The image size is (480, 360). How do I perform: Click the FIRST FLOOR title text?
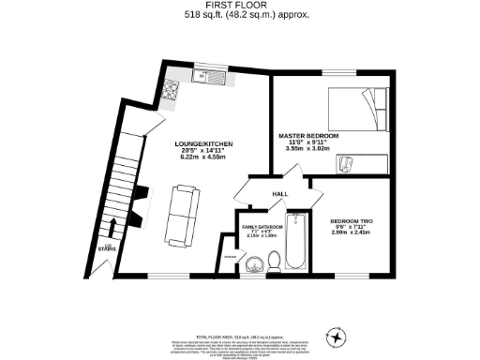pos(240,7)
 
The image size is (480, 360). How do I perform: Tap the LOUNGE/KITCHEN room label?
pos(206,142)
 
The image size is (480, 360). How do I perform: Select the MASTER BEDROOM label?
pos(308,137)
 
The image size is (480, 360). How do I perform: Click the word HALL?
pos(279,194)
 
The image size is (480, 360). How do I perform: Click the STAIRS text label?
pos(108,248)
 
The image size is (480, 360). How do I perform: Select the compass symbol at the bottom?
pos(336,335)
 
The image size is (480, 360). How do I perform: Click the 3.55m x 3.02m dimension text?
pos(308,150)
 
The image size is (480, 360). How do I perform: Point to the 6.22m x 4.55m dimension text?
pos(206,157)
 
